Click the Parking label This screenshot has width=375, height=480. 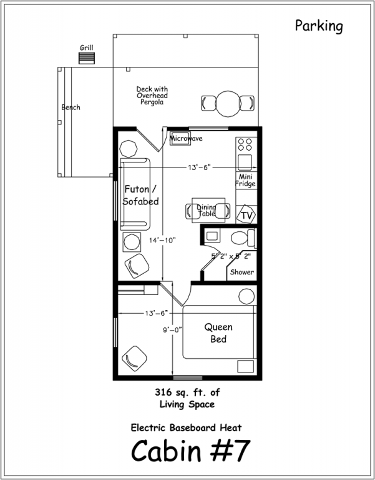tap(319, 26)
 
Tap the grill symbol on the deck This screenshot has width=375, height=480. tap(87, 58)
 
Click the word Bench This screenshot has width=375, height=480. tap(71, 107)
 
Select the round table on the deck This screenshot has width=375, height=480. tap(228, 104)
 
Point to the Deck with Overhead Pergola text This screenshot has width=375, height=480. tap(152, 96)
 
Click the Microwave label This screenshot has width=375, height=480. tap(186, 139)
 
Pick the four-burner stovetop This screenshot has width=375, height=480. tap(245, 144)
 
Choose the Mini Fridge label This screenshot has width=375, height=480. tap(245, 180)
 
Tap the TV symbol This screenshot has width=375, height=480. tap(246, 216)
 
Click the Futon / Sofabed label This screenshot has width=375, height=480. tap(140, 195)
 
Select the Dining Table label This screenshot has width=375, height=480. tap(207, 211)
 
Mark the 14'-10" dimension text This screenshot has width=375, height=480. tap(163, 240)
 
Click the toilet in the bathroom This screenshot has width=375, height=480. tap(243, 238)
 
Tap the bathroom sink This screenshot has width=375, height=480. tap(212, 236)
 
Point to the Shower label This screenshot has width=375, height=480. tap(242, 272)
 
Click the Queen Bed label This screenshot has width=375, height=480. tap(218, 333)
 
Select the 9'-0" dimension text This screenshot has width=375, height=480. tap(172, 329)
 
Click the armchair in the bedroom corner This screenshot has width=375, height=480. tap(134, 359)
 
